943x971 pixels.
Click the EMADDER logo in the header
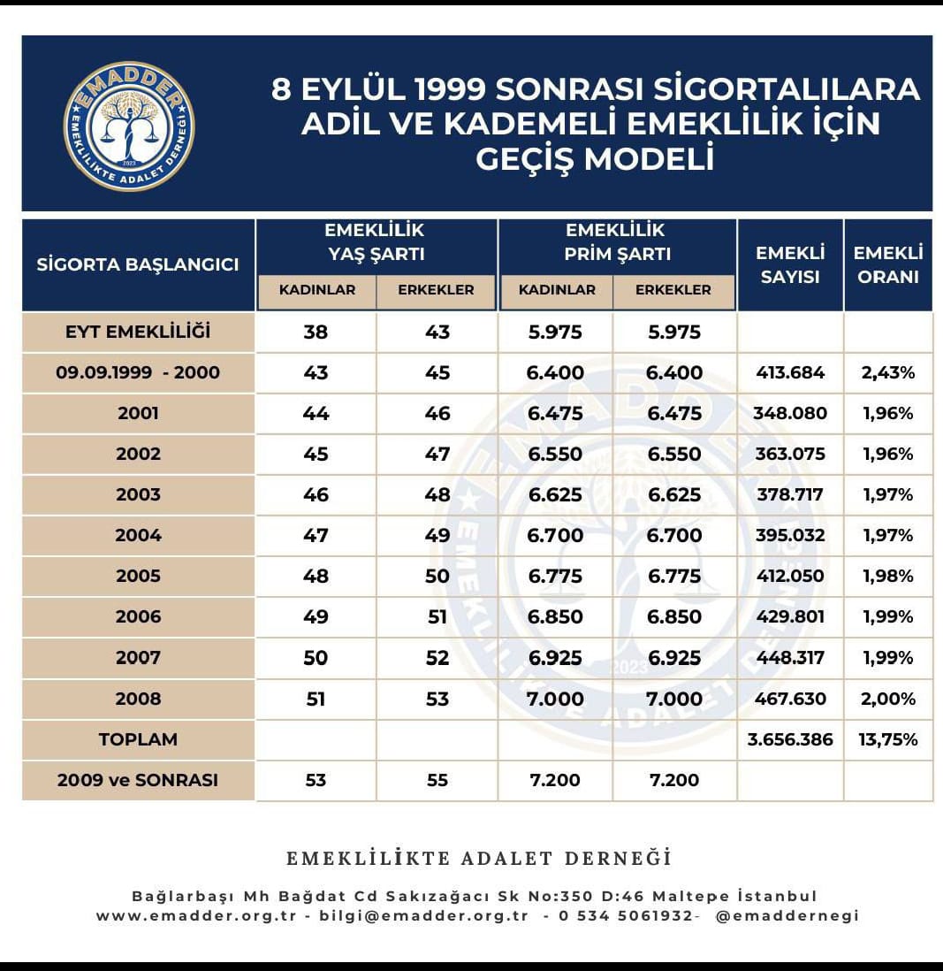[x=128, y=126]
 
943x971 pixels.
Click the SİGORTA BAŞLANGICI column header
[x=138, y=264]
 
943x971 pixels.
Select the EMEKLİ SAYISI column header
[x=789, y=264]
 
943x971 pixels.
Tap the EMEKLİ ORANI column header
[x=887, y=264]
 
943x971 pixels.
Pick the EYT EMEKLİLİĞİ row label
[x=138, y=333]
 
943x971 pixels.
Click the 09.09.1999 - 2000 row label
[x=138, y=372]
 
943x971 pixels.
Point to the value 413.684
[x=790, y=372]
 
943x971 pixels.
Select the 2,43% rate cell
[x=887, y=372]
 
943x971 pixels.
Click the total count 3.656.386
[x=790, y=739]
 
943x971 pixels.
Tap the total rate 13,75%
[x=887, y=739]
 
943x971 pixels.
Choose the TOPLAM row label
[x=138, y=739]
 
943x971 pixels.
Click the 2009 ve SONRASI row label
[x=138, y=780]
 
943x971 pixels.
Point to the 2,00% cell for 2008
[x=887, y=699]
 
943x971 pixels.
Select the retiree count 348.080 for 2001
[x=790, y=413]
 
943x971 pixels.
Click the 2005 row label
[x=138, y=576]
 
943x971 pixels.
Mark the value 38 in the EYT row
[x=316, y=333]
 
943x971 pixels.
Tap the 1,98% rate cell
[x=887, y=576]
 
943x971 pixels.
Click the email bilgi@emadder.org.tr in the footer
[x=423, y=916]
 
